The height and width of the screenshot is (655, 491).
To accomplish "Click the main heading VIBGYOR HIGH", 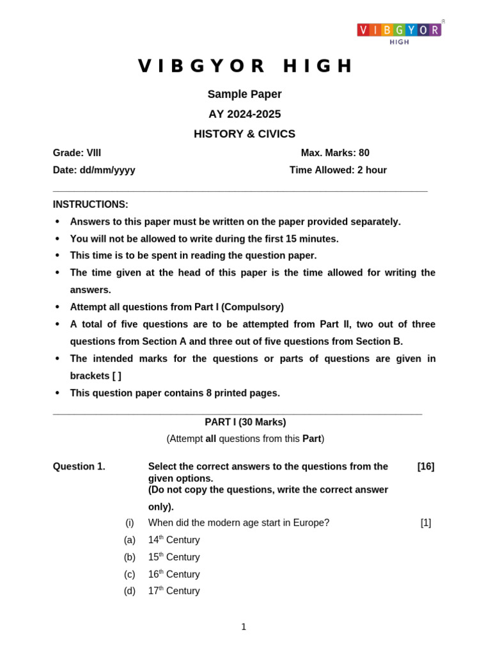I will click(245, 66).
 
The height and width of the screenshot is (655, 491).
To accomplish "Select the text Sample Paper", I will click(244, 94).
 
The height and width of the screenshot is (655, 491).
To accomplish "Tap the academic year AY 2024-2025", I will click(244, 114).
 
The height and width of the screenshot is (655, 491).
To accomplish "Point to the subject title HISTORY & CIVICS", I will click(244, 134).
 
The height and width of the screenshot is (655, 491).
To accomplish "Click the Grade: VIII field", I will click(77, 153).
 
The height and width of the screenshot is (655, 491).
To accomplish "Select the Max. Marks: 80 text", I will click(335, 153).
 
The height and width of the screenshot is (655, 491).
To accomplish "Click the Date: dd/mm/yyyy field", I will click(94, 170).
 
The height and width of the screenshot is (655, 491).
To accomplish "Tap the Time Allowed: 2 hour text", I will click(338, 170).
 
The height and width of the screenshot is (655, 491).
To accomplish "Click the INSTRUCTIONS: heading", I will click(90, 205).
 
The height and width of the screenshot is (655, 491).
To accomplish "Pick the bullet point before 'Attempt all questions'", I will click(58, 307).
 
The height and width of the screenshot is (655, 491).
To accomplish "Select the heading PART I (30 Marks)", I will click(245, 422).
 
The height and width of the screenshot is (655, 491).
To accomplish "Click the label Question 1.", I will click(79, 466).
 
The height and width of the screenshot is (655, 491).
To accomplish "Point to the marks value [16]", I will click(426, 466).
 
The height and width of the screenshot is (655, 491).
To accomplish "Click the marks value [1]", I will click(426, 523).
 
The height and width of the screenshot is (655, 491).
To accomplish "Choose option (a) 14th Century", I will click(174, 540).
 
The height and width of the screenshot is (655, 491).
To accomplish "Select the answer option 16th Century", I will click(174, 574).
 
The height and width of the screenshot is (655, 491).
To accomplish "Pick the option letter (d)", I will click(130, 591).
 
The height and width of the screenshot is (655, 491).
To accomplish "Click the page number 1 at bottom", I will click(244, 627).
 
